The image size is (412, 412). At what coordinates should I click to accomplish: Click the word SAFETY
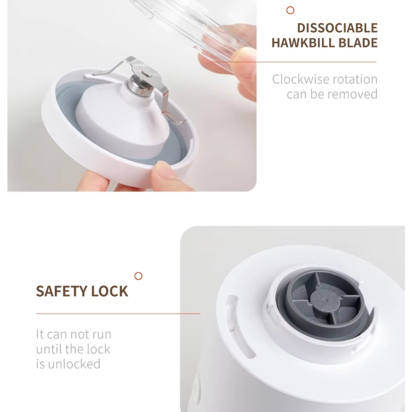pyautogui.click(x=61, y=291)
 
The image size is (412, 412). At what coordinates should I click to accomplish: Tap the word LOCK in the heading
pyautogui.click(x=109, y=291)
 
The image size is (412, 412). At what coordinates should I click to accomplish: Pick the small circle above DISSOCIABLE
pyautogui.click(x=290, y=10)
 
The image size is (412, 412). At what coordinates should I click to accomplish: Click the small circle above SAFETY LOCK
pyautogui.click(x=138, y=277)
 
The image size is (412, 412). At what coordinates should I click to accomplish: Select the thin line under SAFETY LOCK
pyautogui.click(x=118, y=313)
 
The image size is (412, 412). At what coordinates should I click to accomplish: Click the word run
pyautogui.click(x=99, y=334)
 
